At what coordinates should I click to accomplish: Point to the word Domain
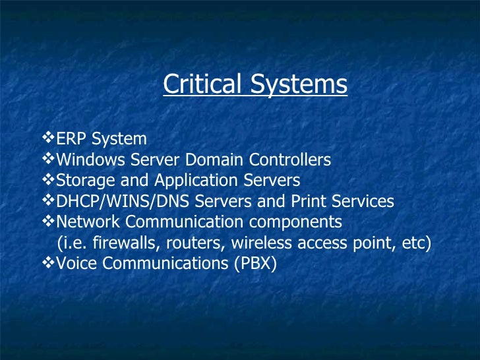pyautogui.click(x=213, y=160)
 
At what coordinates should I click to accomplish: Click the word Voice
pyautogui.click(x=75, y=263)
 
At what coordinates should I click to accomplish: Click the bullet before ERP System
pyautogui.click(x=47, y=138)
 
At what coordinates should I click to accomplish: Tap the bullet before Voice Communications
pyautogui.click(x=47, y=262)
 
